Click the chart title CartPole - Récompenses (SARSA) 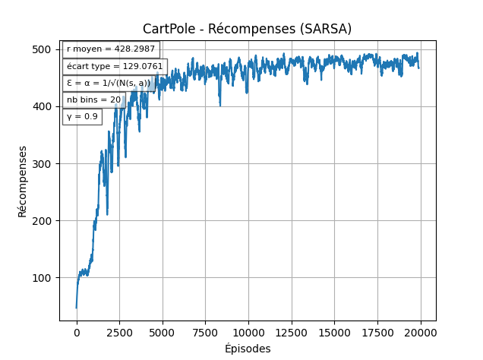[x=247, y=29]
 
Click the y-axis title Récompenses [x=23, y=181]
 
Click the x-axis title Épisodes [x=248, y=349]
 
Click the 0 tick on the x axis [x=76, y=332]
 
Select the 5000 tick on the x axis [x=163, y=332]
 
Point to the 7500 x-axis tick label [x=205, y=332]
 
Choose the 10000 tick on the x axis [x=248, y=332]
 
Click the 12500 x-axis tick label [x=292, y=332]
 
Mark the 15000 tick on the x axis [x=335, y=332]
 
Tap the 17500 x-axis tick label [x=378, y=332]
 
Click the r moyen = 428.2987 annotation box [x=111, y=49]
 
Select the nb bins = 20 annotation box [x=93, y=99]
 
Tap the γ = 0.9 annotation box [x=82, y=116]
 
